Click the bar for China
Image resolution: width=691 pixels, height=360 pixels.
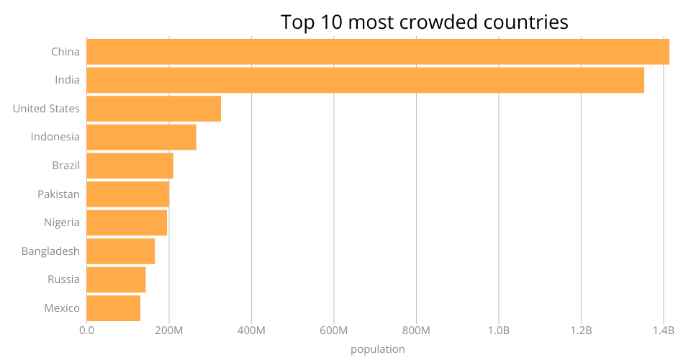pos(378,52)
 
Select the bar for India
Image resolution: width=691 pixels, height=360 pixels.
pos(365,80)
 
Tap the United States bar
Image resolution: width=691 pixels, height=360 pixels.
pos(153,109)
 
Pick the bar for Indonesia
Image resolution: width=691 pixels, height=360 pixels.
pos(141,137)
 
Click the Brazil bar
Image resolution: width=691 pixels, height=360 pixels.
pos(130,166)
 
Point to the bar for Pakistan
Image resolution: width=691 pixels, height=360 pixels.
pos(127,194)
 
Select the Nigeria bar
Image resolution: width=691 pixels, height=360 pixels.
pos(127,222)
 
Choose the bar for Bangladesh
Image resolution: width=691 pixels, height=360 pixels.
pos(120,251)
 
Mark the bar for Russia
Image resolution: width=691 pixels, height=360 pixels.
pos(116,279)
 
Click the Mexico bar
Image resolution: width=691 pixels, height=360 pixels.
pos(113,308)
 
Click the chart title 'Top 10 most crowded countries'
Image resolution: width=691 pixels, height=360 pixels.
pos(425,22)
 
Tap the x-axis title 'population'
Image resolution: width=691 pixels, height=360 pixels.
pos(378,349)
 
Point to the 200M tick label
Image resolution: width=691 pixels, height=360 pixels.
pos(169,331)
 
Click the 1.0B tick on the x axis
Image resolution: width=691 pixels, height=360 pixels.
pos(499,331)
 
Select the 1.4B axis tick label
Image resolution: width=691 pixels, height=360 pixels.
pos(663,331)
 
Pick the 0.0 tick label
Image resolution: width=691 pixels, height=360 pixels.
pos(86,331)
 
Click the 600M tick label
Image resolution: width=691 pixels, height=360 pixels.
pos(334,331)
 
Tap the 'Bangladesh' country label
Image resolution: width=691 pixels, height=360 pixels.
pos(50,251)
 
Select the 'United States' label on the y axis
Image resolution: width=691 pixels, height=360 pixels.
pos(46,109)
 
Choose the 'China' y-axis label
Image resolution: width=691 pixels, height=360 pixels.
pos(66,52)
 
